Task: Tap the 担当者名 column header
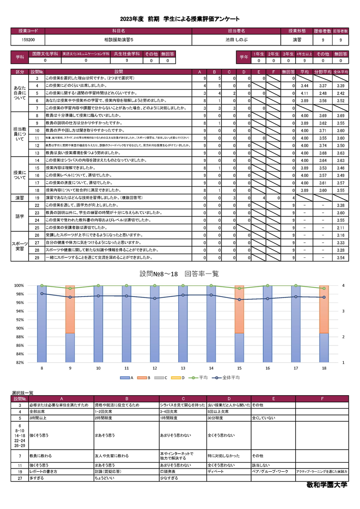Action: pyautogui.click(x=234, y=31)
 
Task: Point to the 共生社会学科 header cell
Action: pyautogui.click(x=127, y=54)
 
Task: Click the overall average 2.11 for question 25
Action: pyautogui.click(x=341, y=228)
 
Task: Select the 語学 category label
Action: pyautogui.click(x=20, y=216)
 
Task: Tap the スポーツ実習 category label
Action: pyautogui.click(x=20, y=246)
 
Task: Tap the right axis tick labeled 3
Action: pyautogui.click(x=343, y=311)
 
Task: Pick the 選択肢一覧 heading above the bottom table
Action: pyautogui.click(x=22, y=393)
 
